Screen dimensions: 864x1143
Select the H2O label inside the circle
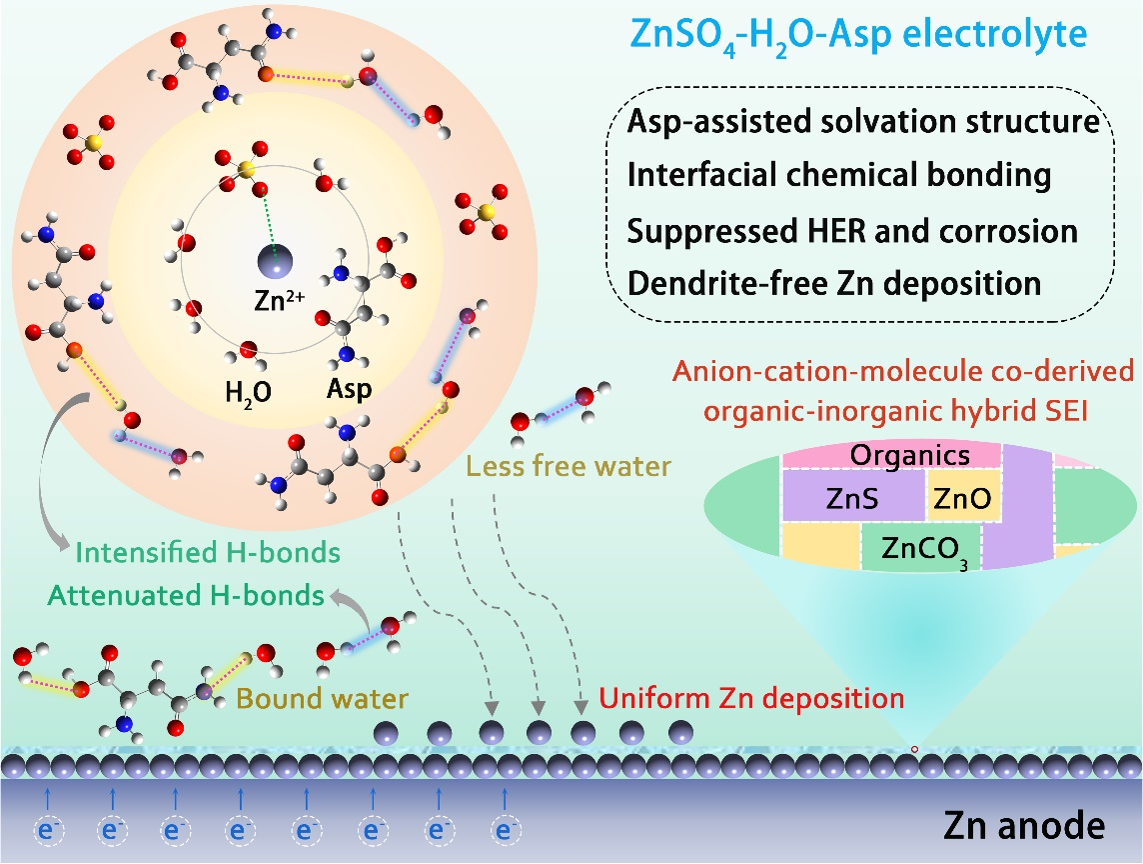pyautogui.click(x=247, y=391)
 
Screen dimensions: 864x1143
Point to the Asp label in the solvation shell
pyautogui.click(x=346, y=390)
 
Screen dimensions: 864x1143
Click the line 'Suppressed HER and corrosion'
pyautogui.click(x=852, y=231)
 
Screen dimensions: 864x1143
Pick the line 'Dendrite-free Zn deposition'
pyautogui.click(x=834, y=283)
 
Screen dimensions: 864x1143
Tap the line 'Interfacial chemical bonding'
pyautogui.click(x=839, y=176)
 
